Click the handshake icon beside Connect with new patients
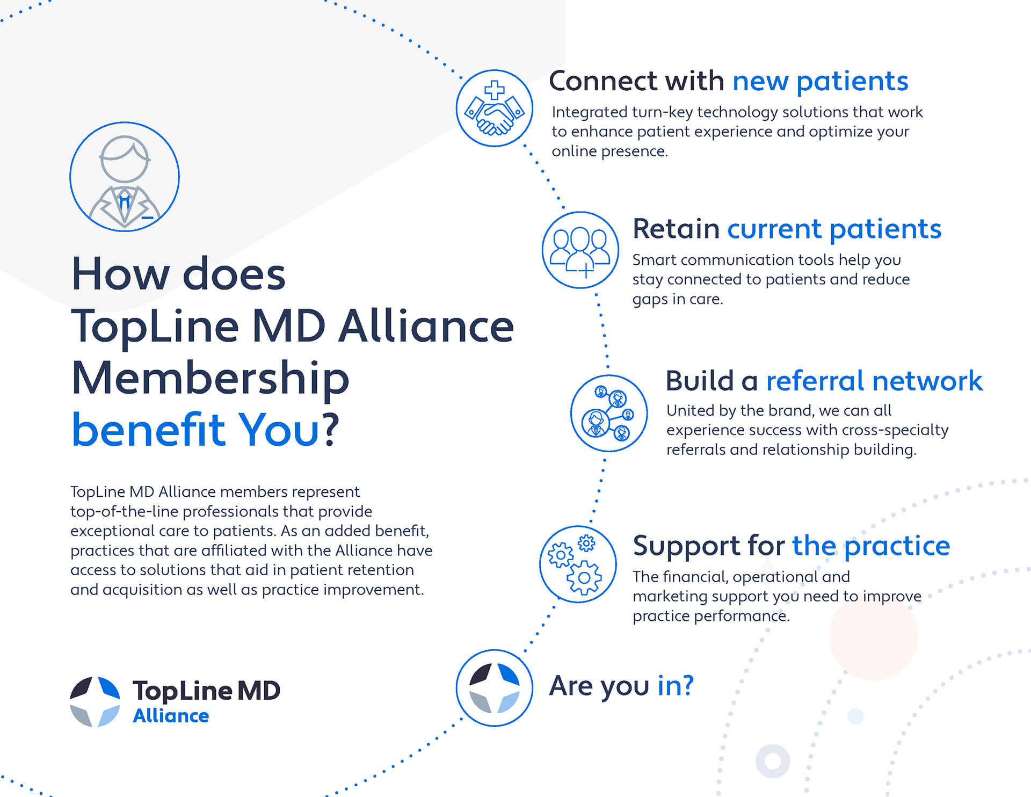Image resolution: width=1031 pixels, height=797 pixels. pos(494,108)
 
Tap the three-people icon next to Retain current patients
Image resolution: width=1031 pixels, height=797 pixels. pos(580,250)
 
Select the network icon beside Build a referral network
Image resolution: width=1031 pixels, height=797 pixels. pos(608,413)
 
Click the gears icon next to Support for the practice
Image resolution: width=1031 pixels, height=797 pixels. pos(578,564)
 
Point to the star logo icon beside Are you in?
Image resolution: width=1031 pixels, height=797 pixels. pos(494,688)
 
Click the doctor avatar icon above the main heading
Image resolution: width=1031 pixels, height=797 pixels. pos(125,177)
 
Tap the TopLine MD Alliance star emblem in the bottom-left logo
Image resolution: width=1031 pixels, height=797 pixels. pos(95,702)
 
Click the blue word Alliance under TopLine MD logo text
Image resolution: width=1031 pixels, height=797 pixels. pos(171,716)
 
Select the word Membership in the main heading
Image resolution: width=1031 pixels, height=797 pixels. pos(210,379)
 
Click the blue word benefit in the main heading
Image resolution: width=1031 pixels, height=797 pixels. pos(148,430)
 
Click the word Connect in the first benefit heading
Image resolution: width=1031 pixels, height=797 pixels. pos(603,81)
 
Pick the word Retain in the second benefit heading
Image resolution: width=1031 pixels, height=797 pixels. pos(676,229)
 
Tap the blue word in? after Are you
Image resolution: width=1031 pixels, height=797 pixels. pos(675,685)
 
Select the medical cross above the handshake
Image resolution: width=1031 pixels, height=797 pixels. pos(494,90)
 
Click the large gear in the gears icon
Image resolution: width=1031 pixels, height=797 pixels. pos(584,577)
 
